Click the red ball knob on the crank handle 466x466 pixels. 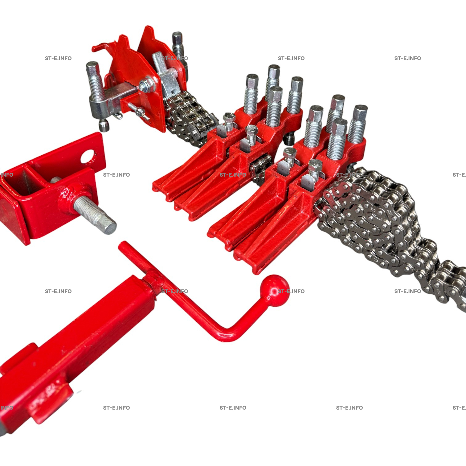click(274, 290)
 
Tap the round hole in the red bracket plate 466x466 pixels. click(88, 157)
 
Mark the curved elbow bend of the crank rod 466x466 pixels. click(227, 334)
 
